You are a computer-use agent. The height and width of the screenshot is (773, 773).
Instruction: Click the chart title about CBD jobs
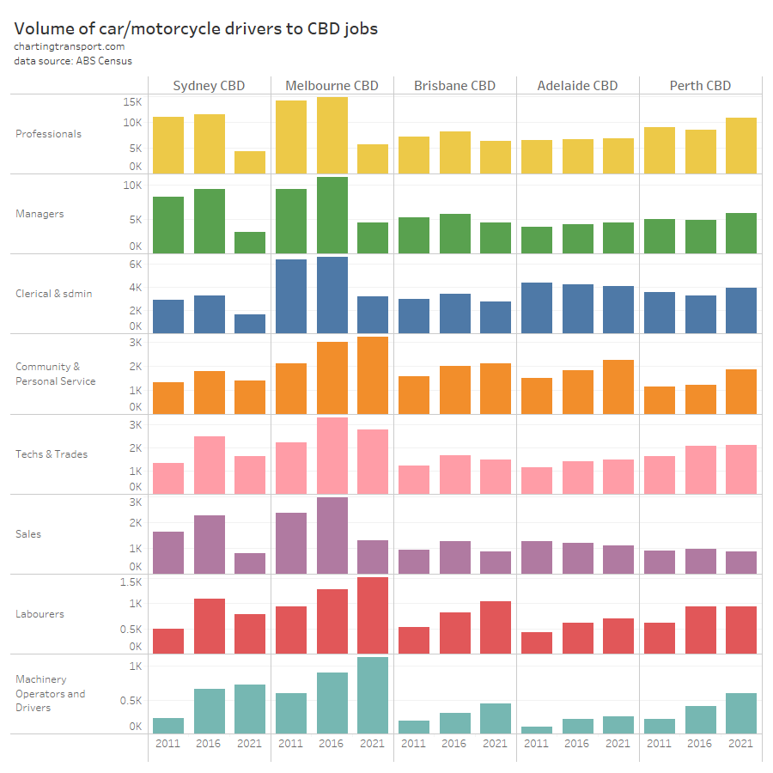[x=196, y=28]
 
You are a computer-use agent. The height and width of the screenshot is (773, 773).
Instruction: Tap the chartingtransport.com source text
[x=69, y=46]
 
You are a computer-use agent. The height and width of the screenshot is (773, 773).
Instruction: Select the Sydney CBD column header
[x=209, y=85]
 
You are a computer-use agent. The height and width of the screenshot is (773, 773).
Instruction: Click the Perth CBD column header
[x=700, y=85]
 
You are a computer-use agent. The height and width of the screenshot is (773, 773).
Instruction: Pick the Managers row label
[x=40, y=214]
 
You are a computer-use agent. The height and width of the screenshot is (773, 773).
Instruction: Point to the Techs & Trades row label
[x=52, y=454]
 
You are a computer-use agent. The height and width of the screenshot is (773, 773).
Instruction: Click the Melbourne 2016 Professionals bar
[x=332, y=135]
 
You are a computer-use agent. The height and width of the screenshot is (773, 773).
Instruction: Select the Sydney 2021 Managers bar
[x=250, y=242]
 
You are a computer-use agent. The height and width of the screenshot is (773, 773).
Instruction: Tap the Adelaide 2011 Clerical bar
[x=537, y=307]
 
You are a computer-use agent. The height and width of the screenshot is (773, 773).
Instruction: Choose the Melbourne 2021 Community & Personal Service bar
[x=372, y=375]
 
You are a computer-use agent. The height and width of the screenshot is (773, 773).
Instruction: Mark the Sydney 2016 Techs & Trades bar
[x=209, y=465]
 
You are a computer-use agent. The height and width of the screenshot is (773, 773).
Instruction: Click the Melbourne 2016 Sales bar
[x=332, y=535]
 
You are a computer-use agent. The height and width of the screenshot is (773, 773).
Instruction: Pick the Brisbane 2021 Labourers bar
[x=495, y=627]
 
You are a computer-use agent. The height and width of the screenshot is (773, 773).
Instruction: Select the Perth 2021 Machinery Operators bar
[x=740, y=713]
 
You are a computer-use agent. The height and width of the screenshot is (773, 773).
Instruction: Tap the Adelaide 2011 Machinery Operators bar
[x=537, y=730]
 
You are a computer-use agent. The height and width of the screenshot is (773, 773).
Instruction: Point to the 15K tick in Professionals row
[x=131, y=101]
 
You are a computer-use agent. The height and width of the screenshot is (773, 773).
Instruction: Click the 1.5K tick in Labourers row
[x=131, y=581]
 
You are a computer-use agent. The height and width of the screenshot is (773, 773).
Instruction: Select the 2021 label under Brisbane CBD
[x=495, y=744]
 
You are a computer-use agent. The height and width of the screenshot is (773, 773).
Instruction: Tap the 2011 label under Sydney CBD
[x=167, y=744]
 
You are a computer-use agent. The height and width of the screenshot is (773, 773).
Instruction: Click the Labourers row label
[x=40, y=614]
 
